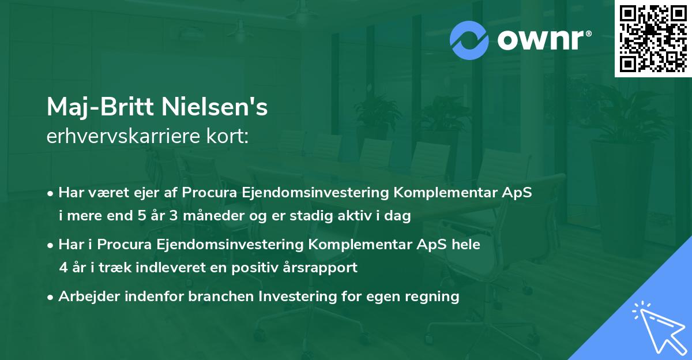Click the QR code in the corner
653,39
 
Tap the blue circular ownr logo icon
469,40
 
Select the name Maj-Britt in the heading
96,107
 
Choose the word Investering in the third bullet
296,297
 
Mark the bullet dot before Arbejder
51,297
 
